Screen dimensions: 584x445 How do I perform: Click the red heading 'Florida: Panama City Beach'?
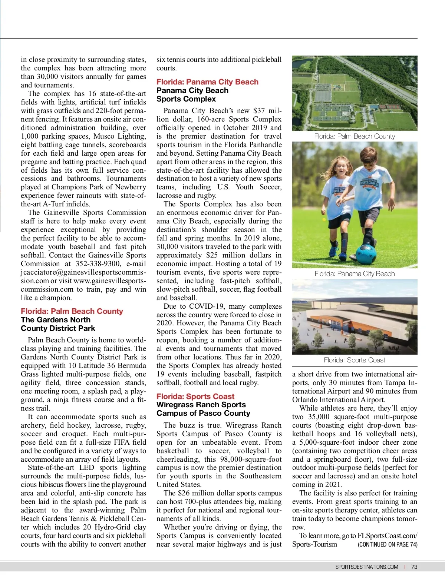coord(207,82)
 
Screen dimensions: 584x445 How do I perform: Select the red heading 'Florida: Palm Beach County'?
coord(72,311)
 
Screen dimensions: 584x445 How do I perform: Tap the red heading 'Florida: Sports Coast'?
coord(195,396)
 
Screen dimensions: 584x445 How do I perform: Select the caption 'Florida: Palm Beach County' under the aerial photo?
coord(355,136)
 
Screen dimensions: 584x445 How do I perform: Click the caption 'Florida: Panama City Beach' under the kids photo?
coord(355,274)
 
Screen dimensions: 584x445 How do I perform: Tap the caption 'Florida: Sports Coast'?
coord(355,360)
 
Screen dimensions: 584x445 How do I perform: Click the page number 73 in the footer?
coord(414,567)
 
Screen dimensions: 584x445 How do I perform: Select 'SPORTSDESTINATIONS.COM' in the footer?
coord(367,567)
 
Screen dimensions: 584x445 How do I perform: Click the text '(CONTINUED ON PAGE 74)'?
coord(388,544)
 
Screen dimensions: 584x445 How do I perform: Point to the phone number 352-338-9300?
coord(98,264)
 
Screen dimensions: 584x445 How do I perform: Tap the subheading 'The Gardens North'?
coord(56,320)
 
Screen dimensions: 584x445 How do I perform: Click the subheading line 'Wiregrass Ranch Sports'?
coord(201,405)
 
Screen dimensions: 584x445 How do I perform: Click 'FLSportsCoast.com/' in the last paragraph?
coord(387,536)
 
